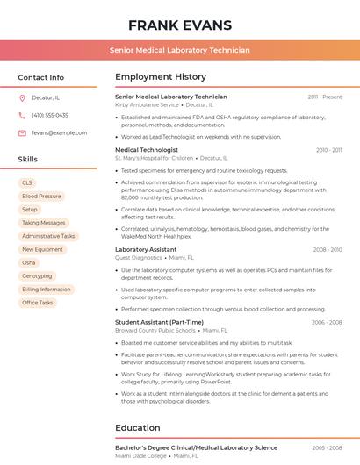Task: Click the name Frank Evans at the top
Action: (180, 25)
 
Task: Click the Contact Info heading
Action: (40, 77)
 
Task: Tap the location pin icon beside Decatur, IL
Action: (22, 97)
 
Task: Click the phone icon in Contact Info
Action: (22, 115)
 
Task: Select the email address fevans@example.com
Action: (53, 132)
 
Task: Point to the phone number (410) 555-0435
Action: (50, 115)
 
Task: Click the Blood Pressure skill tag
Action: (42, 197)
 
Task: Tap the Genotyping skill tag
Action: (37, 275)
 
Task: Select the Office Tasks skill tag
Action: (38, 303)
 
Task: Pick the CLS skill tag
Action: (27, 183)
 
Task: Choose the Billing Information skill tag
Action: (47, 289)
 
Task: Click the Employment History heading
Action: (161, 77)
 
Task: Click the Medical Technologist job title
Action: (146, 150)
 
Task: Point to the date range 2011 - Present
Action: (324, 97)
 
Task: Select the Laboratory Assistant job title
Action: (146, 250)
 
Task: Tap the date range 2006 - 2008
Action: (326, 322)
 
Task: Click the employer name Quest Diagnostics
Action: (139, 258)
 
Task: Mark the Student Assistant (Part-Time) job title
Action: (159, 322)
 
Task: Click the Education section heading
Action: (137, 428)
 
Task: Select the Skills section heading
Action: (27, 160)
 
